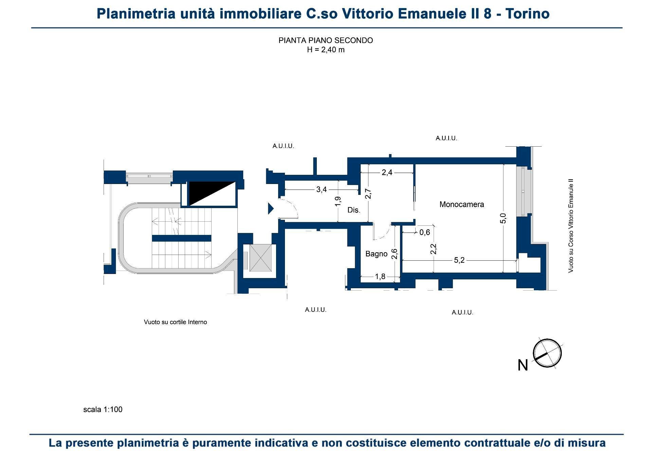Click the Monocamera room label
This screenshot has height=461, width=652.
click(461, 204)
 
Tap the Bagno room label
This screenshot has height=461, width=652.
click(376, 254)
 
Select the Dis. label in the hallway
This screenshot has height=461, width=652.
click(354, 210)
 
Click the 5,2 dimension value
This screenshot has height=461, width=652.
click(459, 260)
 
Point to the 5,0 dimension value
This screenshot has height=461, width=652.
click(503, 218)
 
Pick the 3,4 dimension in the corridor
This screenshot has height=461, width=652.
click(321, 189)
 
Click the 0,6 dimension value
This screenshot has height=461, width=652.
click(424, 233)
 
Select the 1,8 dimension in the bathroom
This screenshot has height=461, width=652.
click(380, 277)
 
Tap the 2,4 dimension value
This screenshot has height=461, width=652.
click(387, 172)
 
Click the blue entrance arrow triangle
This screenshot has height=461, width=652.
click(270, 208)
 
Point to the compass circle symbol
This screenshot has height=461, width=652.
click(547, 353)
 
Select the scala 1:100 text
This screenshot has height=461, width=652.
click(103, 409)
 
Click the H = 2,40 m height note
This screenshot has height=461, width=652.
click(326, 50)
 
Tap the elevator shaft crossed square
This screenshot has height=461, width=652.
click(260, 258)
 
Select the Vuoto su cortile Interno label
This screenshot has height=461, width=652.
click(175, 322)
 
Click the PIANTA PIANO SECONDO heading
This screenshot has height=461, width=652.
click(326, 40)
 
